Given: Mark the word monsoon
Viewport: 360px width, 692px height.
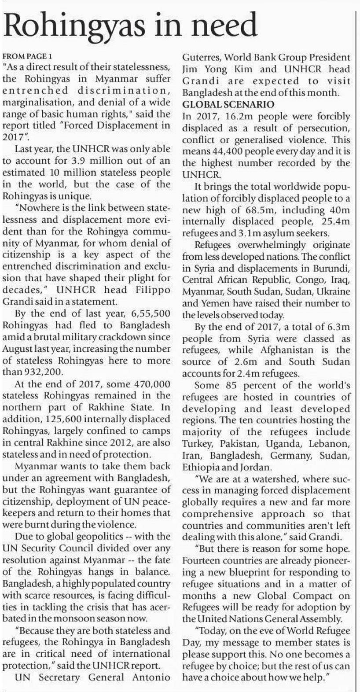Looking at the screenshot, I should pyautogui.click(x=102, y=618).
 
